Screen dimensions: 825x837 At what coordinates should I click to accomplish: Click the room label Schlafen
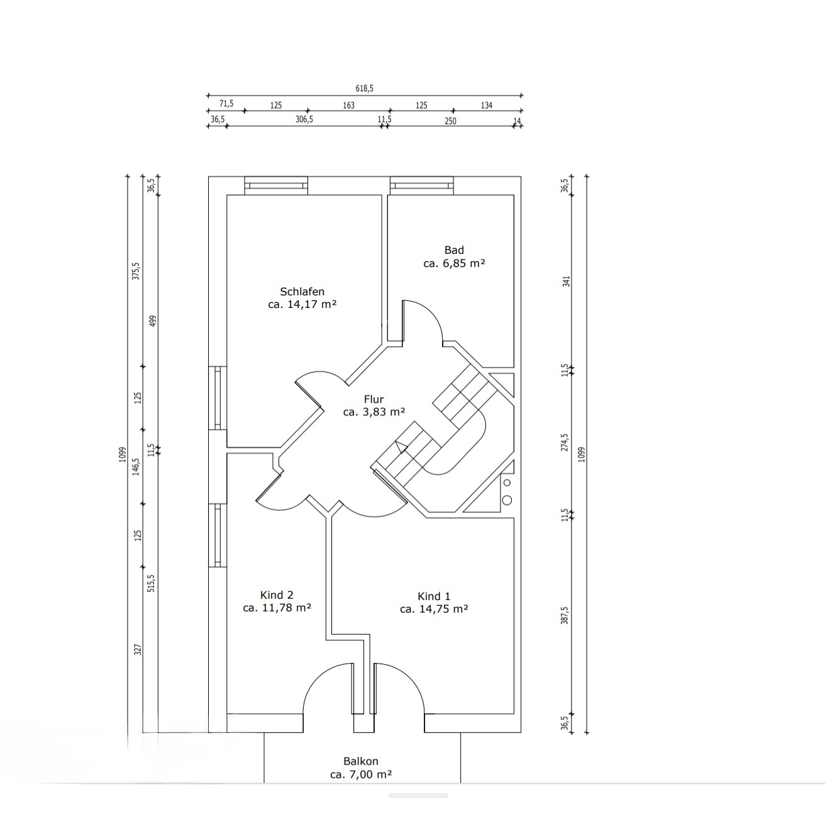302,292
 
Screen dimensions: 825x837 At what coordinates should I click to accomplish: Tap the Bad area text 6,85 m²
463,263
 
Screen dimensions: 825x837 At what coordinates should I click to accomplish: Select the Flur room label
374,399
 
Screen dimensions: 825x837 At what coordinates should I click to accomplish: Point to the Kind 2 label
277,595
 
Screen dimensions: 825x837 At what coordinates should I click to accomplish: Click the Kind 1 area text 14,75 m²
443,609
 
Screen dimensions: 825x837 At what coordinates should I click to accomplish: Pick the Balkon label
361,761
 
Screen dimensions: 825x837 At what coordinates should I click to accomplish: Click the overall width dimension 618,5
364,89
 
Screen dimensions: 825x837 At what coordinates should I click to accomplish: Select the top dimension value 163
348,105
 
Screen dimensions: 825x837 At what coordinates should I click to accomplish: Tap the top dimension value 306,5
304,119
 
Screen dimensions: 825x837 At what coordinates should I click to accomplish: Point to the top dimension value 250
450,121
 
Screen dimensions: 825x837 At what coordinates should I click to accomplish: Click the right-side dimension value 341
566,282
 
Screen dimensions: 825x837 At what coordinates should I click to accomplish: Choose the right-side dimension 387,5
565,615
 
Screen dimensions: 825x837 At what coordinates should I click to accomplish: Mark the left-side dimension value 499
153,321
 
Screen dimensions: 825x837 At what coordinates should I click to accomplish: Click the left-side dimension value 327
138,649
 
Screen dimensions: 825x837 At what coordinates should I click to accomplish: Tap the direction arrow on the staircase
401,447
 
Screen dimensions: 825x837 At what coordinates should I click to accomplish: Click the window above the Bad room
422,185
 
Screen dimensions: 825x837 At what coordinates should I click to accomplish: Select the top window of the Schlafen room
276,185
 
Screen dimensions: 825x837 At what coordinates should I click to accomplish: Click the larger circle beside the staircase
507,500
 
